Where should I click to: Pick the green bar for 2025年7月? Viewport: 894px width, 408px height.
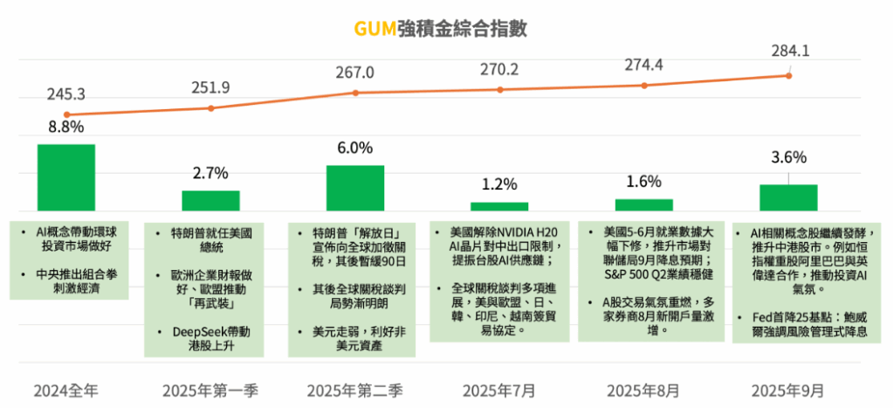tap(499, 206)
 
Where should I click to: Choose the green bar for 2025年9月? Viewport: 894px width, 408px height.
tap(788, 197)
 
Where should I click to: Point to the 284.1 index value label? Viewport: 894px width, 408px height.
tap(790, 51)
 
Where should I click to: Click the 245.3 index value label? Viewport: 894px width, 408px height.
tap(66, 93)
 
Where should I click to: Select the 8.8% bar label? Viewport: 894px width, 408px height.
tap(66, 127)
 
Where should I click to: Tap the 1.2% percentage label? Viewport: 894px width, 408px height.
tap(499, 184)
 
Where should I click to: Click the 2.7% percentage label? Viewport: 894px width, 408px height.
tap(210, 172)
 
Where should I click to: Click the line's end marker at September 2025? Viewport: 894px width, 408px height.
tap(788, 76)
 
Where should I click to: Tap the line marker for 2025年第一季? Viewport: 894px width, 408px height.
tap(210, 108)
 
